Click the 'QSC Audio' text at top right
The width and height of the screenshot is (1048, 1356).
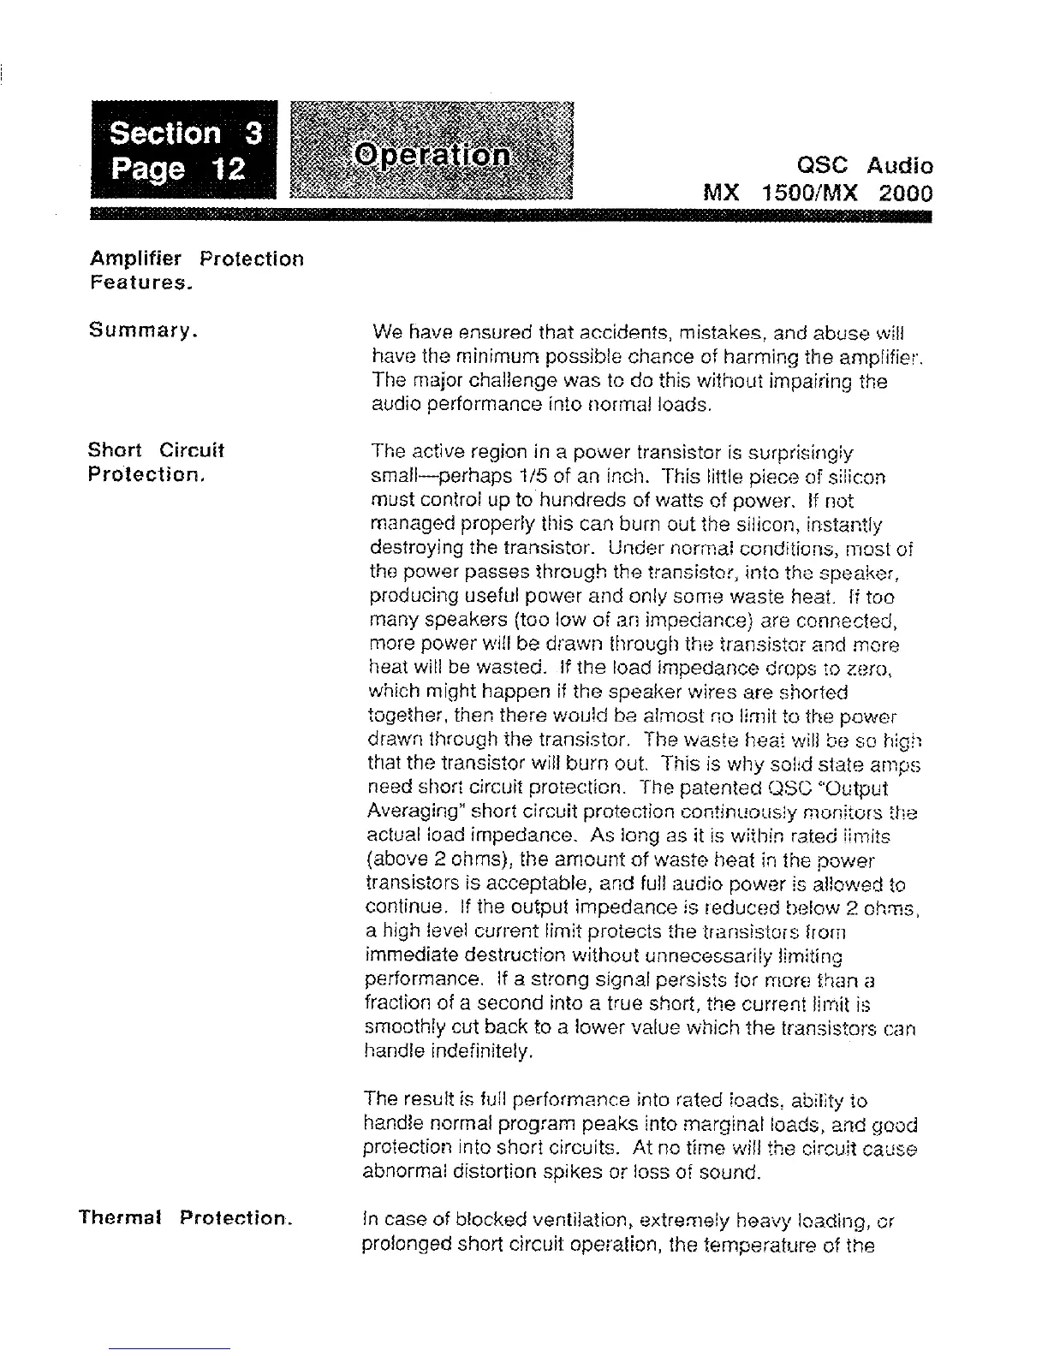tap(864, 165)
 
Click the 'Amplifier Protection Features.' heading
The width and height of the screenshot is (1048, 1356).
tap(196, 270)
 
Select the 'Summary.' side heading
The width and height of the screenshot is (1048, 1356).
tap(144, 330)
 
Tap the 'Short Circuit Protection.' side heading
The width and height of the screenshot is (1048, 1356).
tap(156, 461)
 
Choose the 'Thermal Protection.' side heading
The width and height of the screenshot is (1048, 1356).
tap(186, 1216)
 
